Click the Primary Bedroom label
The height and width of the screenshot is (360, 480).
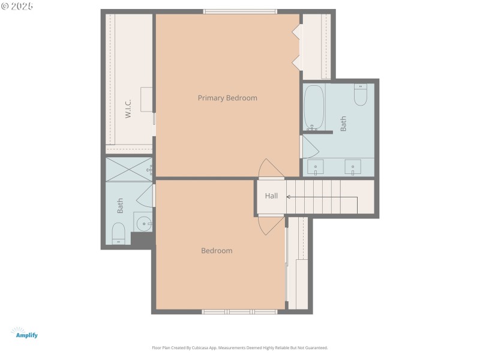pyautogui.click(x=227, y=98)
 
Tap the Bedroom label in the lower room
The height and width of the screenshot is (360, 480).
pyautogui.click(x=217, y=251)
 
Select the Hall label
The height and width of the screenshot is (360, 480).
pyautogui.click(x=272, y=196)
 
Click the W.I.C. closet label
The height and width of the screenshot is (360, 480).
pyautogui.click(x=128, y=109)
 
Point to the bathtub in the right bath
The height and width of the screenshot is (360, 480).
pyautogui.click(x=314, y=107)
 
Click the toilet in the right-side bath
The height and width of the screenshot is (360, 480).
pyautogui.click(x=360, y=95)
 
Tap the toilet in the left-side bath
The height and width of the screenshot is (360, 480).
pyautogui.click(x=118, y=233)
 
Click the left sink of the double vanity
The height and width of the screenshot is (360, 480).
pyautogui.click(x=316, y=167)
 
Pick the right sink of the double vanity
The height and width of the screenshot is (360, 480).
pyautogui.click(x=353, y=167)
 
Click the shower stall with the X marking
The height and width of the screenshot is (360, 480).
pyautogui.click(x=128, y=169)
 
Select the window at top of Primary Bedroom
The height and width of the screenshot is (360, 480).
pyautogui.click(x=240, y=11)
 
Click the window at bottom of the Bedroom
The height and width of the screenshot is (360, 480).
pyautogui.click(x=239, y=311)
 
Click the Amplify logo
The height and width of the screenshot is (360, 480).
pyautogui.click(x=25, y=334)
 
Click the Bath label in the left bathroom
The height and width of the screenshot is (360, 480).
pyautogui.click(x=120, y=206)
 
